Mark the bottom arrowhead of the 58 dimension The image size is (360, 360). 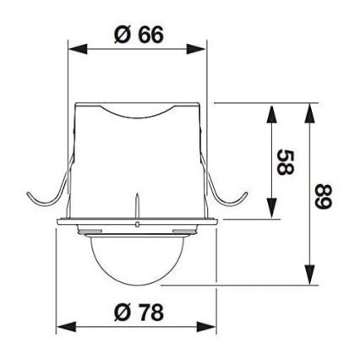pyautogui.click(x=270, y=215)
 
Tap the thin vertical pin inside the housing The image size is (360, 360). pyautogui.click(x=136, y=207)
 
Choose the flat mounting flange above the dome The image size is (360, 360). pyautogui.click(x=139, y=225)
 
